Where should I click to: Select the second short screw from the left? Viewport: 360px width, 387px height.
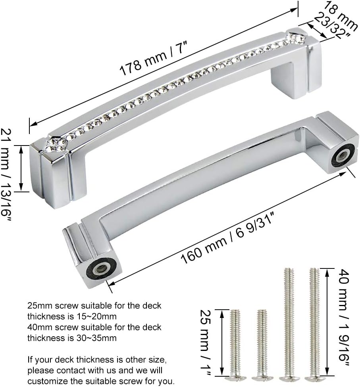261,343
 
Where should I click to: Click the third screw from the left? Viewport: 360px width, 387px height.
288,321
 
